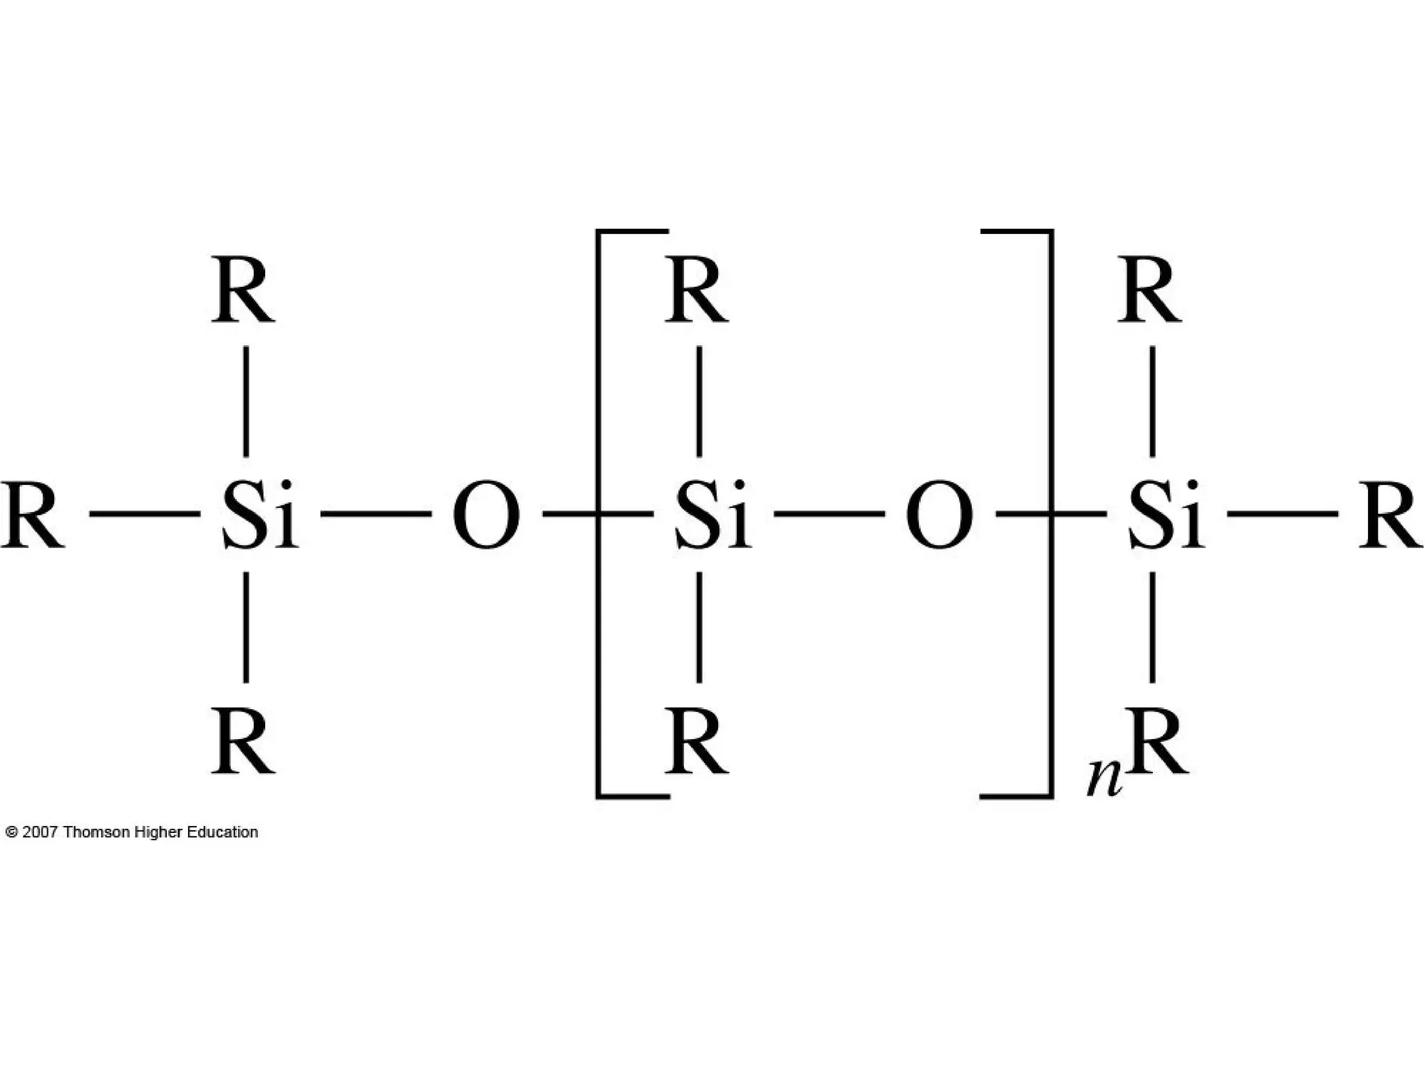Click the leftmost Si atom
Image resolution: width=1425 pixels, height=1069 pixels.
[x=259, y=516]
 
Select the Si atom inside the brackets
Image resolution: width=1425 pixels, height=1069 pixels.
[x=712, y=516]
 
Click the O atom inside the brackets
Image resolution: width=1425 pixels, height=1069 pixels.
[x=939, y=516]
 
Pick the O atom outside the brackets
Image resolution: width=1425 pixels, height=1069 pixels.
[x=486, y=516]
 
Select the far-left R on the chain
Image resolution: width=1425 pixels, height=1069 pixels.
[x=32, y=516]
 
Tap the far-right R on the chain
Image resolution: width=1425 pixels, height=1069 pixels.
[x=1390, y=516]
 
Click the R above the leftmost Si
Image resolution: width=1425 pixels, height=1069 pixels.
[x=243, y=290]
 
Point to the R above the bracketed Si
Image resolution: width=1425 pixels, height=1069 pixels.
[x=696, y=290]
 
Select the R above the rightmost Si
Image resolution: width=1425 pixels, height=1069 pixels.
[x=1149, y=290]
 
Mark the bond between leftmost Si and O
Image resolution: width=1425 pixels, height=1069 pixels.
[x=376, y=514]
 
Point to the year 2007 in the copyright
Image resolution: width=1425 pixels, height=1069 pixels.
[x=40, y=832]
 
